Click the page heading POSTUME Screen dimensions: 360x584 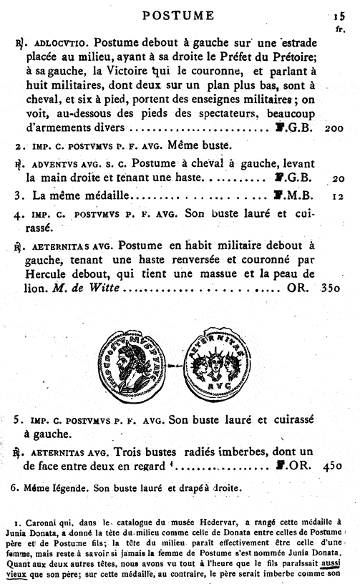tap(178, 15)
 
